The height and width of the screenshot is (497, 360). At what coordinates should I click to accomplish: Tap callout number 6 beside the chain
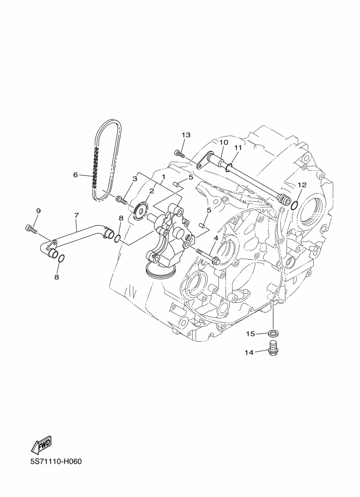tap(76, 175)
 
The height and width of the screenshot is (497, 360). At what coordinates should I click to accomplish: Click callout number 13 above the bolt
tap(186, 135)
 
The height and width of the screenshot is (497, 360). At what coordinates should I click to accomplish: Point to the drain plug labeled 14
tap(272, 348)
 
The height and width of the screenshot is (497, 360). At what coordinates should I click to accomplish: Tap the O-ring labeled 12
tap(294, 206)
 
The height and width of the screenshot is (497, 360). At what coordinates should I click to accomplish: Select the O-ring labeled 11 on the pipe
tap(229, 167)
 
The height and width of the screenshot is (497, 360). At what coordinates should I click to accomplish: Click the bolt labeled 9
tap(30, 229)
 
